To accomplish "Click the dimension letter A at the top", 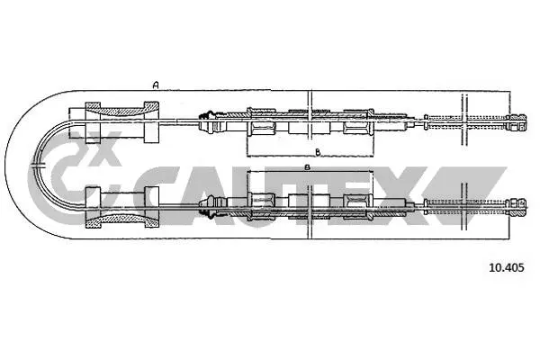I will click(156, 85).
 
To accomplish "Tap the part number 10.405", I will click(506, 266).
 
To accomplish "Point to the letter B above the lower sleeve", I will click(307, 168).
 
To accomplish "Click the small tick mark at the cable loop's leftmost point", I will click(36, 164).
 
